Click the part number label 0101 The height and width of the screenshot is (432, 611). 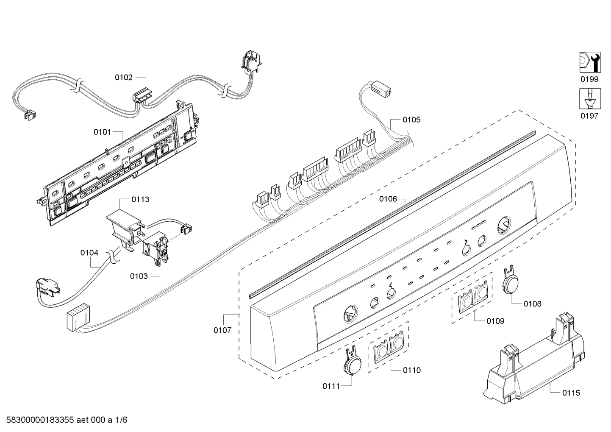(102, 132)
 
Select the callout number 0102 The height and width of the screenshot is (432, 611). (124, 78)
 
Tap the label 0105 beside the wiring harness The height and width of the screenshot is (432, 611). (411, 120)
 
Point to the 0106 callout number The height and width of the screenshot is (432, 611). (388, 199)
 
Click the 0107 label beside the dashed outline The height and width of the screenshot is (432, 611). (222, 330)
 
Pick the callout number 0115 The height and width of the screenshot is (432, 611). (571, 393)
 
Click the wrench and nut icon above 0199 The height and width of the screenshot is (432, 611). (590, 62)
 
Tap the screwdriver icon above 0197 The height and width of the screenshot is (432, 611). (590, 98)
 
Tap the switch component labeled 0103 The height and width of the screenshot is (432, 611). (156, 249)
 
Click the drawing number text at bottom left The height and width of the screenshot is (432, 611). (67, 420)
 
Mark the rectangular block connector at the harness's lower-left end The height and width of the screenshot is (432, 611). (78, 318)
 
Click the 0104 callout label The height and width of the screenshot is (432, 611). (89, 253)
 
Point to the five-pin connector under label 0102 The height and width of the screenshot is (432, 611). (142, 95)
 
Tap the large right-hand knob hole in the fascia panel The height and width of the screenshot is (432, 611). (504, 226)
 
